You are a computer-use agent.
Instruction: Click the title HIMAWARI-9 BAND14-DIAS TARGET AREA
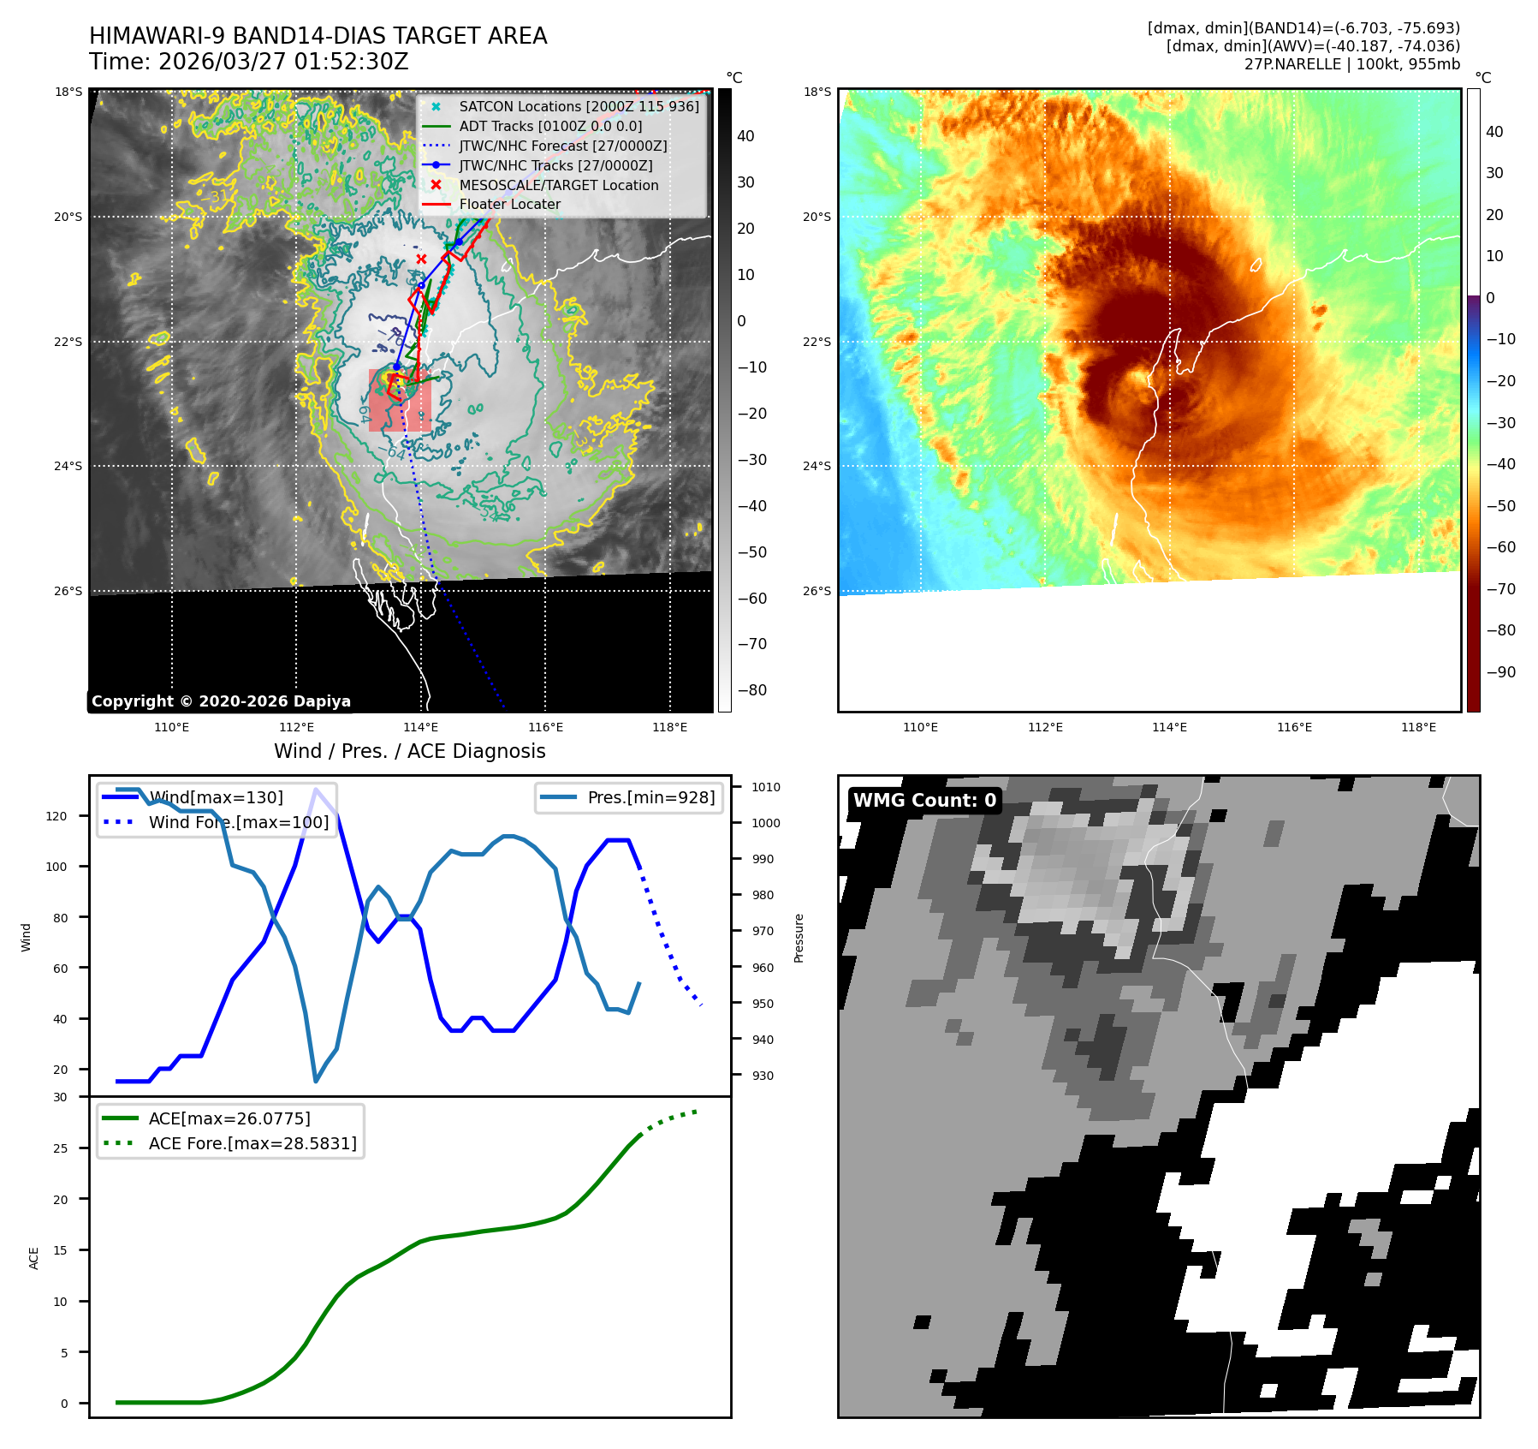pos(318,36)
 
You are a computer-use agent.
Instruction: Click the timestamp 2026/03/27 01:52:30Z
pos(283,62)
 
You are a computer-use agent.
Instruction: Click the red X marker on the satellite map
pos(421,259)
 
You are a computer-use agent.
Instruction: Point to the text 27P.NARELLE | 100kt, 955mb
pos(1351,64)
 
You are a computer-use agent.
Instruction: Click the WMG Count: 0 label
pos(924,801)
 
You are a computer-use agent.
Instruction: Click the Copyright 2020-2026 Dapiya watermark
pos(221,701)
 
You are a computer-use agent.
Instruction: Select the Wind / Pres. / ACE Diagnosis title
pos(409,751)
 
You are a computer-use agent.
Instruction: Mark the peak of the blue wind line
pos(317,790)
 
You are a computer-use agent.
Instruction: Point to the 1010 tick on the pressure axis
pos(766,787)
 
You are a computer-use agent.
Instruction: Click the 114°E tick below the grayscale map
pos(421,728)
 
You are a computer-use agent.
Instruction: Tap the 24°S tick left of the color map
pos(817,466)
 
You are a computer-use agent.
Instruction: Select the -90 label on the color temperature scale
pos(1500,671)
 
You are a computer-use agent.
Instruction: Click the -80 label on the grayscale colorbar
pos(751,690)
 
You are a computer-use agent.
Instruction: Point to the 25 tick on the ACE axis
pos(61,1148)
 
